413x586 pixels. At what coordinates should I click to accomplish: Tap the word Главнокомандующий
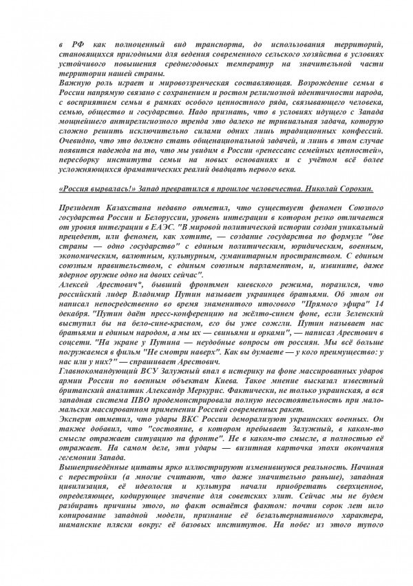pyautogui.click(x=95, y=399)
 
